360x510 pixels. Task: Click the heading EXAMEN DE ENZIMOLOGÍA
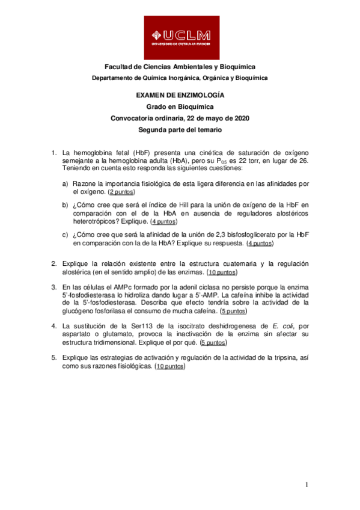pyautogui.click(x=180, y=95)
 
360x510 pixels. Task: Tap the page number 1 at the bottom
pyautogui.click(x=306, y=485)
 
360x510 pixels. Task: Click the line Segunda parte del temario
pyautogui.click(x=180, y=129)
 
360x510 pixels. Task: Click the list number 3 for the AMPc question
pyautogui.click(x=53, y=287)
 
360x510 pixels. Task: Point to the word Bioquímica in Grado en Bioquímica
pyautogui.click(x=197, y=106)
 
